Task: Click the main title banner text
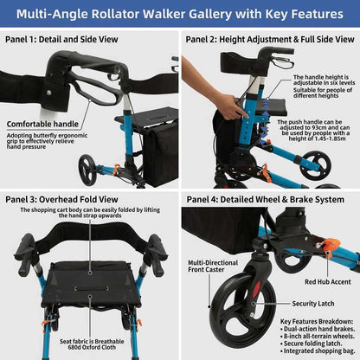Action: (180, 14)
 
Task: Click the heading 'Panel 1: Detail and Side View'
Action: (61, 39)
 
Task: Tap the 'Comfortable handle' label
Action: (42, 124)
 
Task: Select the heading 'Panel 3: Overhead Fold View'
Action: (61, 199)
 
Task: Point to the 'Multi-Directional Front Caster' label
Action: (213, 266)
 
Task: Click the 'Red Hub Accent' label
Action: (328, 282)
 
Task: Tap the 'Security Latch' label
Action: (313, 304)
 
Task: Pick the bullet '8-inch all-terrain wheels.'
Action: (318, 336)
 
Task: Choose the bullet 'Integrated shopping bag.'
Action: (318, 350)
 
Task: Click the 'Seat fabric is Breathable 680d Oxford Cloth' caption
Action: (92, 344)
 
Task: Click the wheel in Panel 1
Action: (87, 170)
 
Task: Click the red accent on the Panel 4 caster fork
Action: (256, 289)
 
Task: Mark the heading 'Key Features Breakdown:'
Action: (317, 321)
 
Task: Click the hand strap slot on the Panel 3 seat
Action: (91, 288)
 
